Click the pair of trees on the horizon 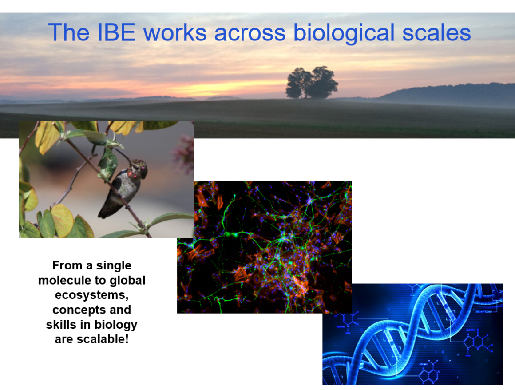[312, 83]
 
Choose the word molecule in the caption [67, 281]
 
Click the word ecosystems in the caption [92, 295]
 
